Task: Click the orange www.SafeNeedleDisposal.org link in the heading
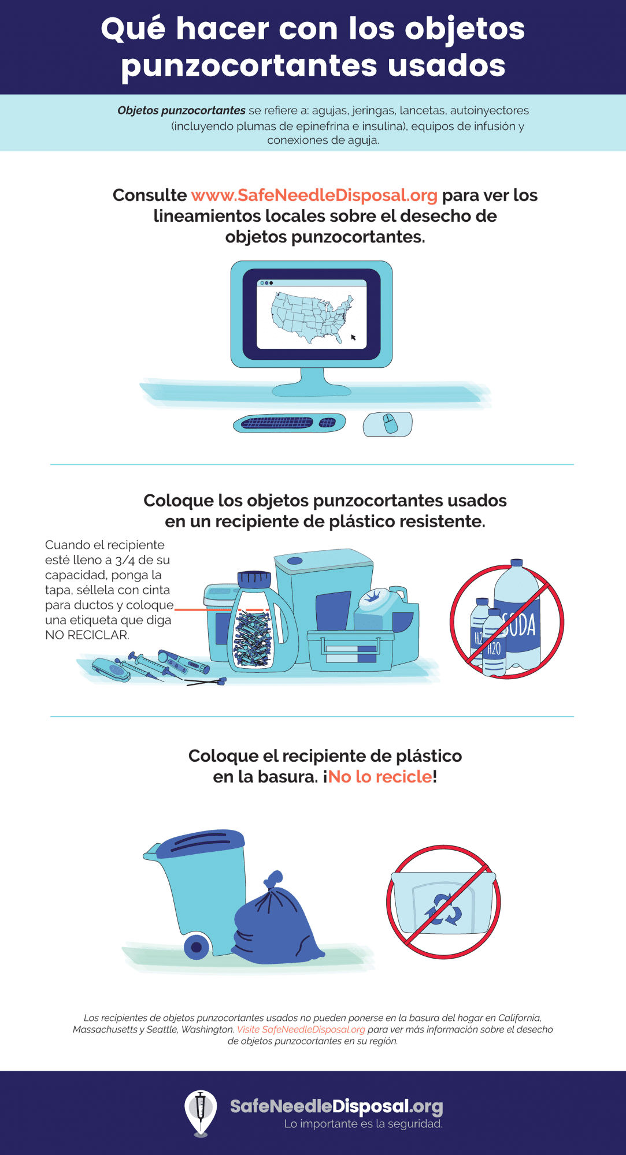tap(314, 195)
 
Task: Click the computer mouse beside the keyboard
tap(387, 424)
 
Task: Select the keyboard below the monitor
tap(289, 423)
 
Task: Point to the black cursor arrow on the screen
tap(353, 337)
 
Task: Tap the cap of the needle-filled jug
tap(254, 578)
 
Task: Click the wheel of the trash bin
tap(197, 947)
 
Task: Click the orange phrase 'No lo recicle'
tap(380, 777)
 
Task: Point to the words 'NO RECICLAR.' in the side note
tap(87, 635)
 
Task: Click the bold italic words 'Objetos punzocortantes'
tap(181, 110)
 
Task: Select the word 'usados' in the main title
tap(446, 65)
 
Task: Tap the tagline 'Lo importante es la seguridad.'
tap(364, 1124)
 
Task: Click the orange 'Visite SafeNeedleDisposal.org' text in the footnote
tap(301, 1030)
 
